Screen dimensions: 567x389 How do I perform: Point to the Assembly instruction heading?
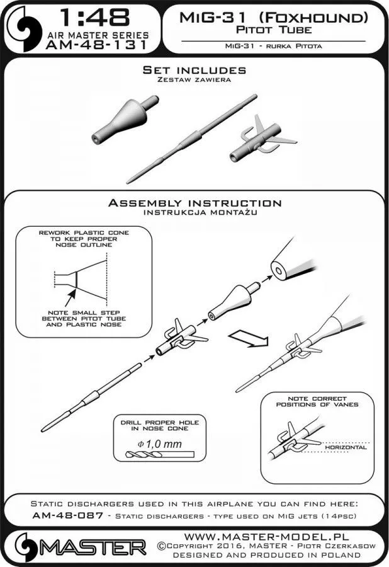click(x=194, y=203)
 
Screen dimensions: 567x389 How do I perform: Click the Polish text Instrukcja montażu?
click(x=194, y=213)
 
